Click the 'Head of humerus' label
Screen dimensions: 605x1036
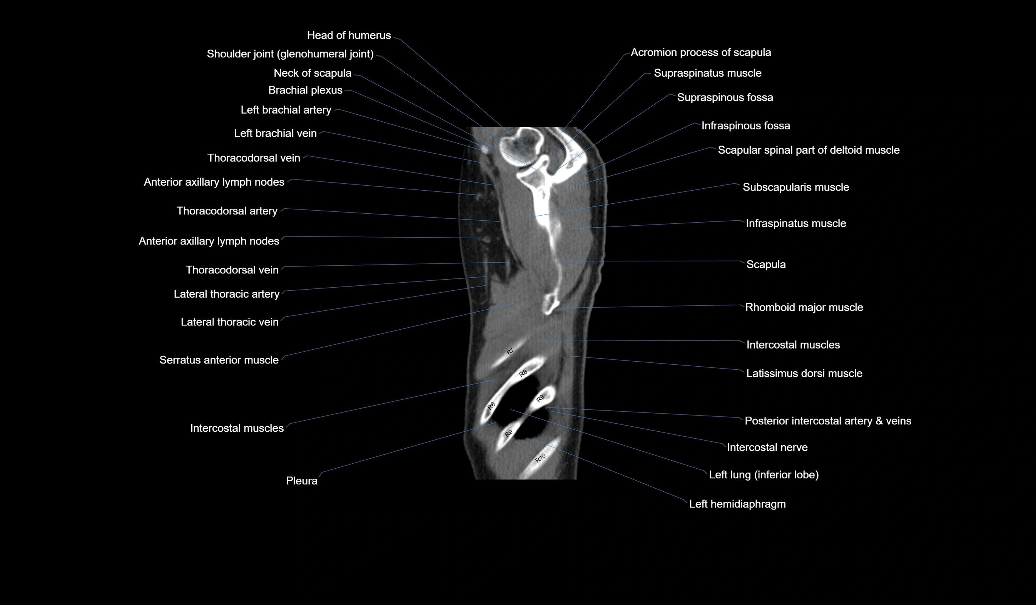pyautogui.click(x=349, y=35)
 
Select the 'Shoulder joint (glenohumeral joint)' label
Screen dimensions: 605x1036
pyautogui.click(x=290, y=54)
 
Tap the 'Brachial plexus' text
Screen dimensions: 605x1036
pyautogui.click(x=305, y=90)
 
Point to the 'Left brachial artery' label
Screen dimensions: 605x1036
pyautogui.click(x=286, y=110)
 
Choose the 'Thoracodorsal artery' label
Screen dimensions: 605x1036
pyautogui.click(x=227, y=211)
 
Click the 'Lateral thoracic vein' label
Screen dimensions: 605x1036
pyautogui.click(x=229, y=322)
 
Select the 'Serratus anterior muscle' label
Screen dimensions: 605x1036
pyautogui.click(x=219, y=360)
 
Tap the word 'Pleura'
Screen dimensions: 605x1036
pyautogui.click(x=301, y=481)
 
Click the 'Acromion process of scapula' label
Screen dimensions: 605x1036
pyautogui.click(x=700, y=53)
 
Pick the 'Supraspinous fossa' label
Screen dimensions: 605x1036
pyautogui.click(x=725, y=97)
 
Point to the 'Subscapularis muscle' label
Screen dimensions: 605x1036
pyautogui.click(x=795, y=187)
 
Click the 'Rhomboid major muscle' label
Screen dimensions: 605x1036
pyautogui.click(x=804, y=308)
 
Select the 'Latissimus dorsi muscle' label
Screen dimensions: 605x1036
pyautogui.click(x=804, y=374)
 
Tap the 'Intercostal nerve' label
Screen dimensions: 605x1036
pyautogui.click(x=767, y=447)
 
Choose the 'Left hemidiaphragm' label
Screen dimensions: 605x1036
pyautogui.click(x=737, y=504)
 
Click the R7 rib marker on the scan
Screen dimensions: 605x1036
pyautogui.click(x=510, y=351)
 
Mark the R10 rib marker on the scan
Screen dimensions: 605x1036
pyautogui.click(x=540, y=458)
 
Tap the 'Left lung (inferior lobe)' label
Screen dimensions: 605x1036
pyautogui.click(x=764, y=475)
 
